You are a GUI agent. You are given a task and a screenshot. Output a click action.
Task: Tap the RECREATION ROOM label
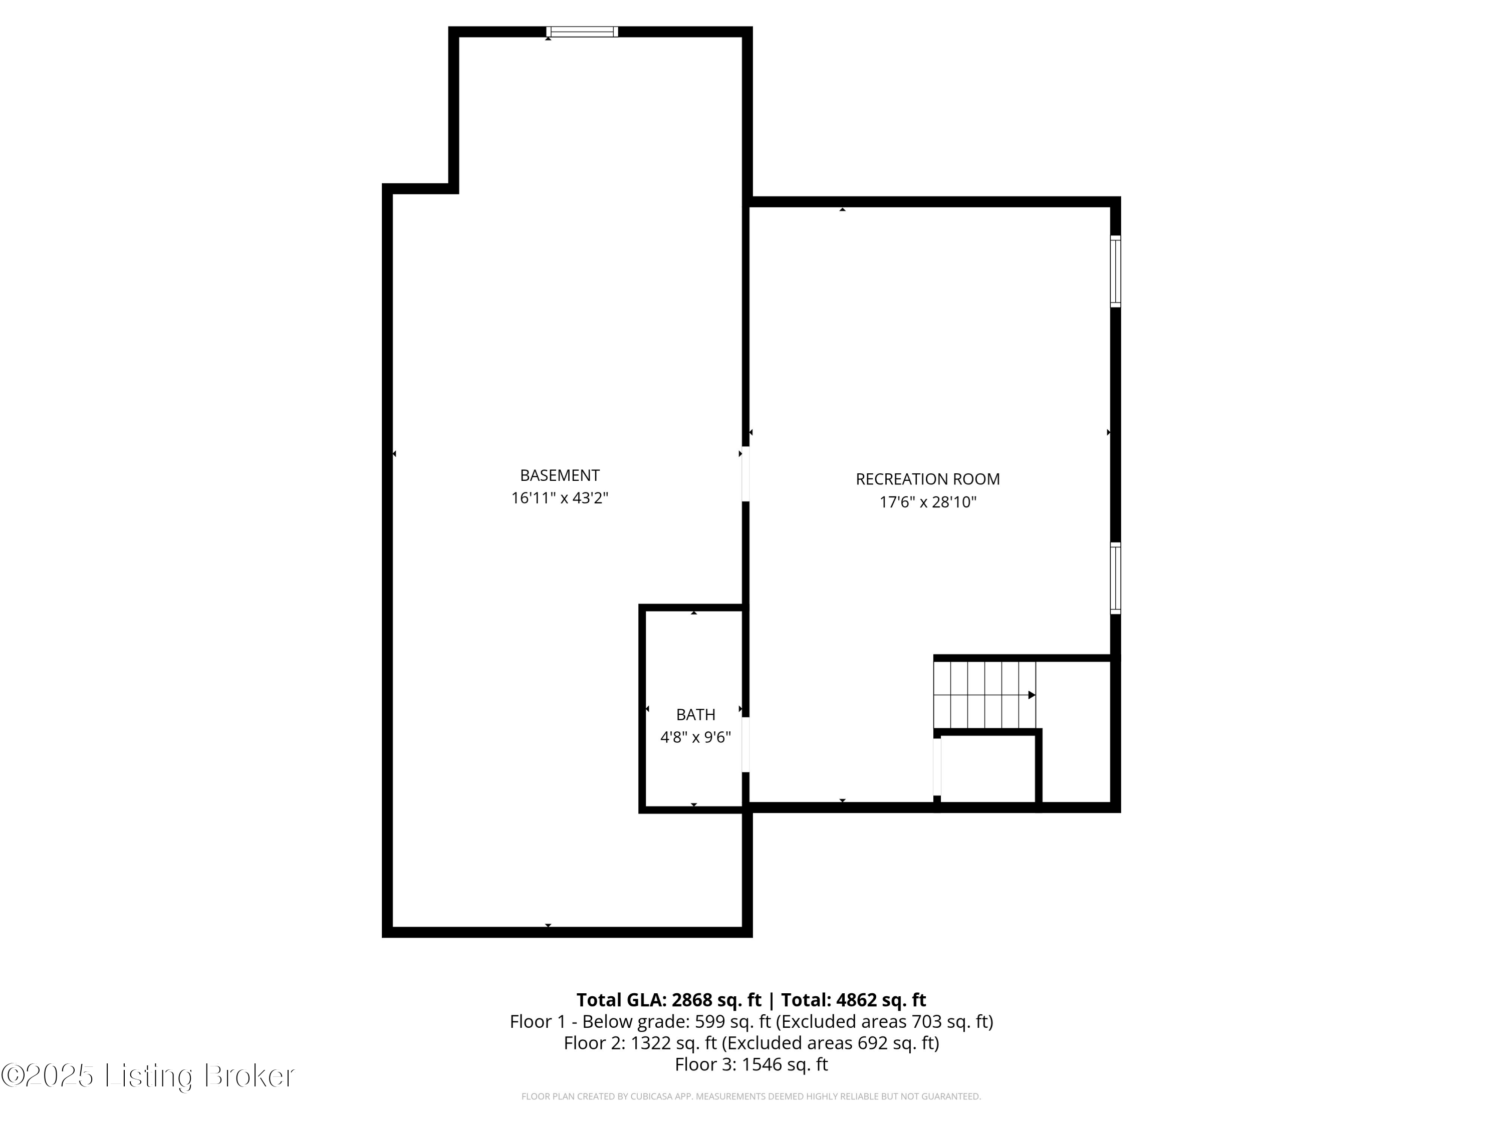pyautogui.click(x=927, y=480)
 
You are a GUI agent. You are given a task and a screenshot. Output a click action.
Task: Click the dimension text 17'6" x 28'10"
pyautogui.click(x=927, y=503)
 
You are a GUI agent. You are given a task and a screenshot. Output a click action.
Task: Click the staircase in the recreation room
pyautogui.click(x=984, y=694)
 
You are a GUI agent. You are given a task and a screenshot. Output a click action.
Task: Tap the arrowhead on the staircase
pyautogui.click(x=1032, y=695)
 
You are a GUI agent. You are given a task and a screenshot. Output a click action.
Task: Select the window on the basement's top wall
pyautogui.click(x=582, y=31)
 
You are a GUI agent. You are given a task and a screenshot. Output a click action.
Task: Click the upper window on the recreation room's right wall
pyautogui.click(x=1115, y=271)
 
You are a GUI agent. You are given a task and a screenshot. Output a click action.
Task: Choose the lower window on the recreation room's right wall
pyautogui.click(x=1115, y=578)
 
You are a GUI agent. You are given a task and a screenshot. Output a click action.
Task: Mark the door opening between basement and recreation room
pyautogui.click(x=745, y=473)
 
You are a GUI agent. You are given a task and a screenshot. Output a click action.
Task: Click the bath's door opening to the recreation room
pyautogui.click(x=745, y=744)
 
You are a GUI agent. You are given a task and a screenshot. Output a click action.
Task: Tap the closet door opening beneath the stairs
pyautogui.click(x=937, y=767)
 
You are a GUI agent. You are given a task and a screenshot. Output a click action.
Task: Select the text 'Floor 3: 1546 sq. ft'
pyautogui.click(x=751, y=1064)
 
